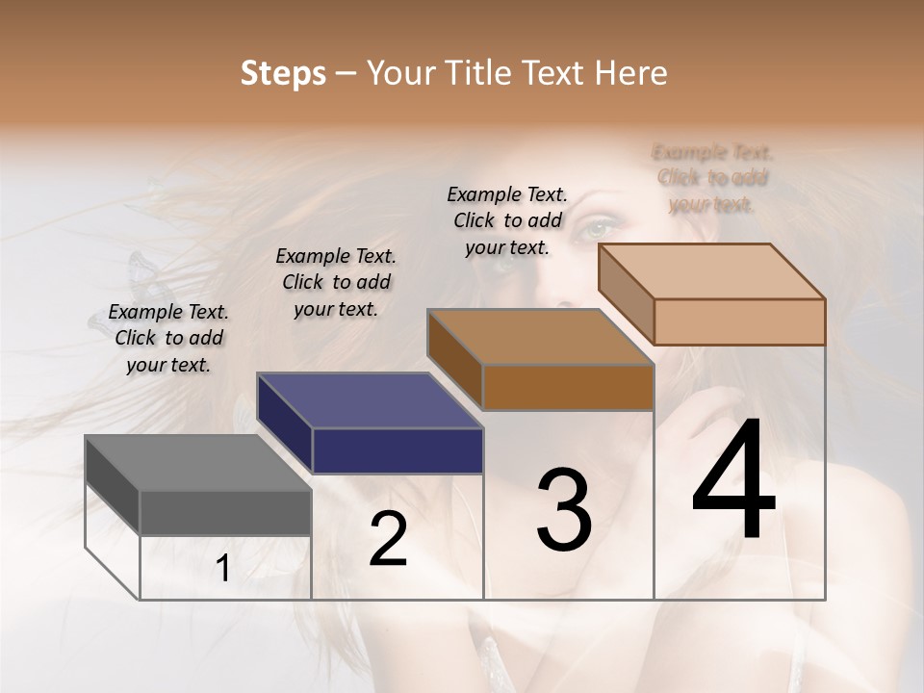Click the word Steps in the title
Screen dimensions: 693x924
283,73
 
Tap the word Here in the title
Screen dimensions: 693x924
632,73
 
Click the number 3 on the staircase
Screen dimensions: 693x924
564,509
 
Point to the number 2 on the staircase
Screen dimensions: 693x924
388,539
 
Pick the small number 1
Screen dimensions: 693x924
222,569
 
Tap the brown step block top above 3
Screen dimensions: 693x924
540,338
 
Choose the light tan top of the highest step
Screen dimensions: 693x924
711,271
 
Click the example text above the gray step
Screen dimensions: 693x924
169,338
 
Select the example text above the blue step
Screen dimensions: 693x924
336,282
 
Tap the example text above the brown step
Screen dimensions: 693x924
507,220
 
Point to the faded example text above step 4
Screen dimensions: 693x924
712,178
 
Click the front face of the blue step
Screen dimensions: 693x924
398,450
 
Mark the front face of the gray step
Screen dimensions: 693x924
225,512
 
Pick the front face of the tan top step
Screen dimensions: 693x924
739,321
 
